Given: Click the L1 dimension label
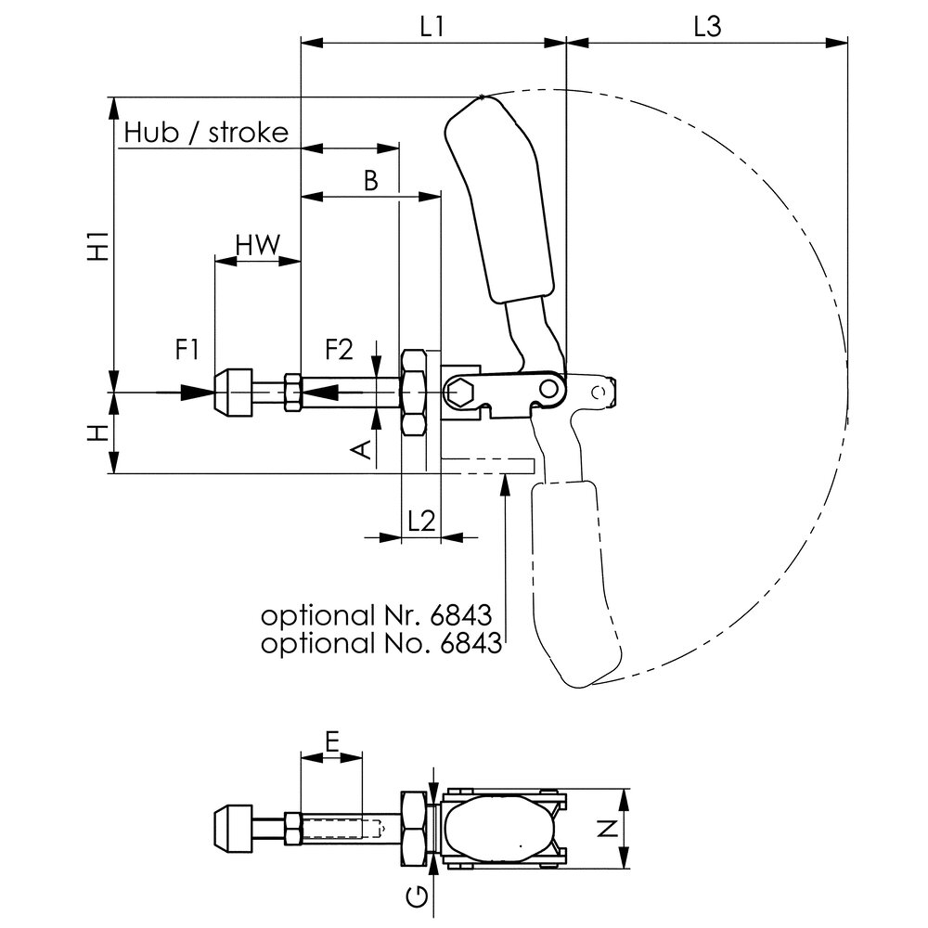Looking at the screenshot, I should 432,27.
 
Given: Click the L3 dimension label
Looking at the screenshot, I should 707,27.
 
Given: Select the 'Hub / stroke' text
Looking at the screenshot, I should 206,132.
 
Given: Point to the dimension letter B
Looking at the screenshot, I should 370,180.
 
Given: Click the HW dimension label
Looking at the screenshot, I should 257,245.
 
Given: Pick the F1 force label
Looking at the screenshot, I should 188,350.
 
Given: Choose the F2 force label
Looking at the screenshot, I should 339,350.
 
